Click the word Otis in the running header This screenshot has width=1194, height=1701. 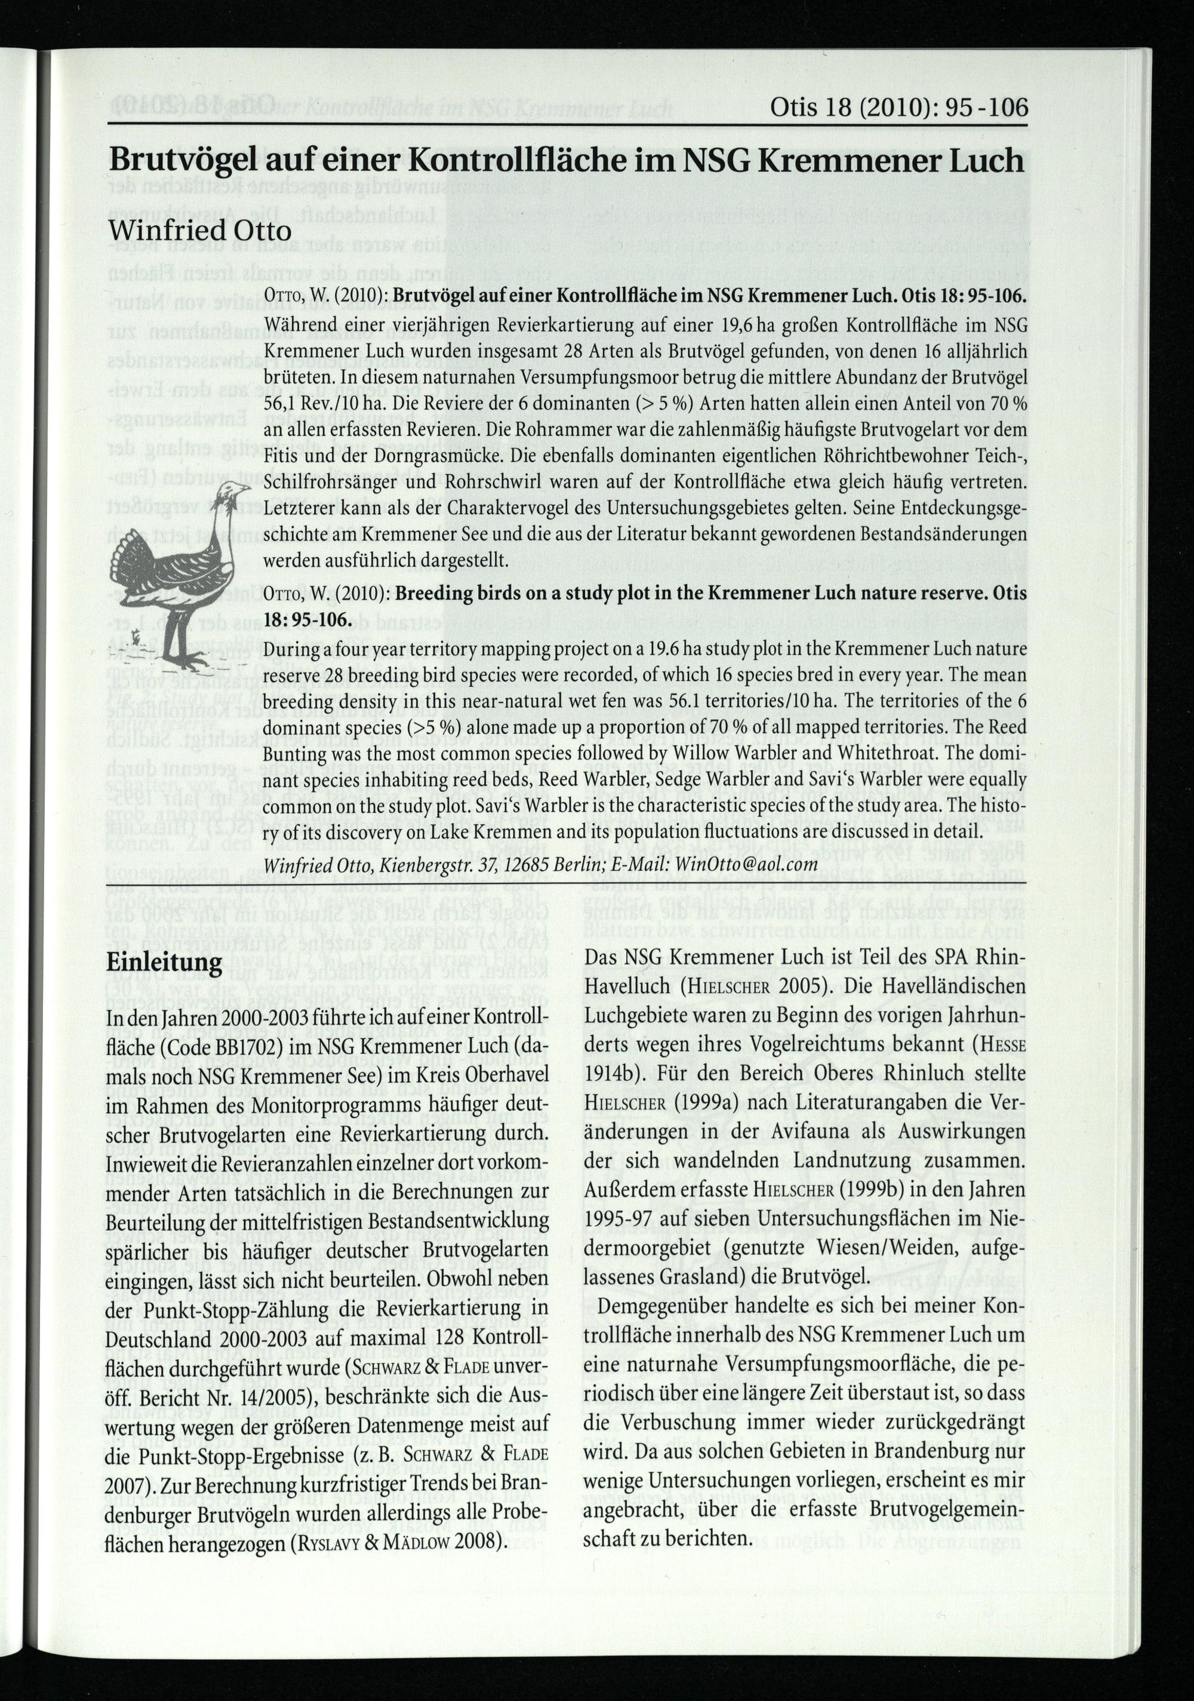click(793, 108)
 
